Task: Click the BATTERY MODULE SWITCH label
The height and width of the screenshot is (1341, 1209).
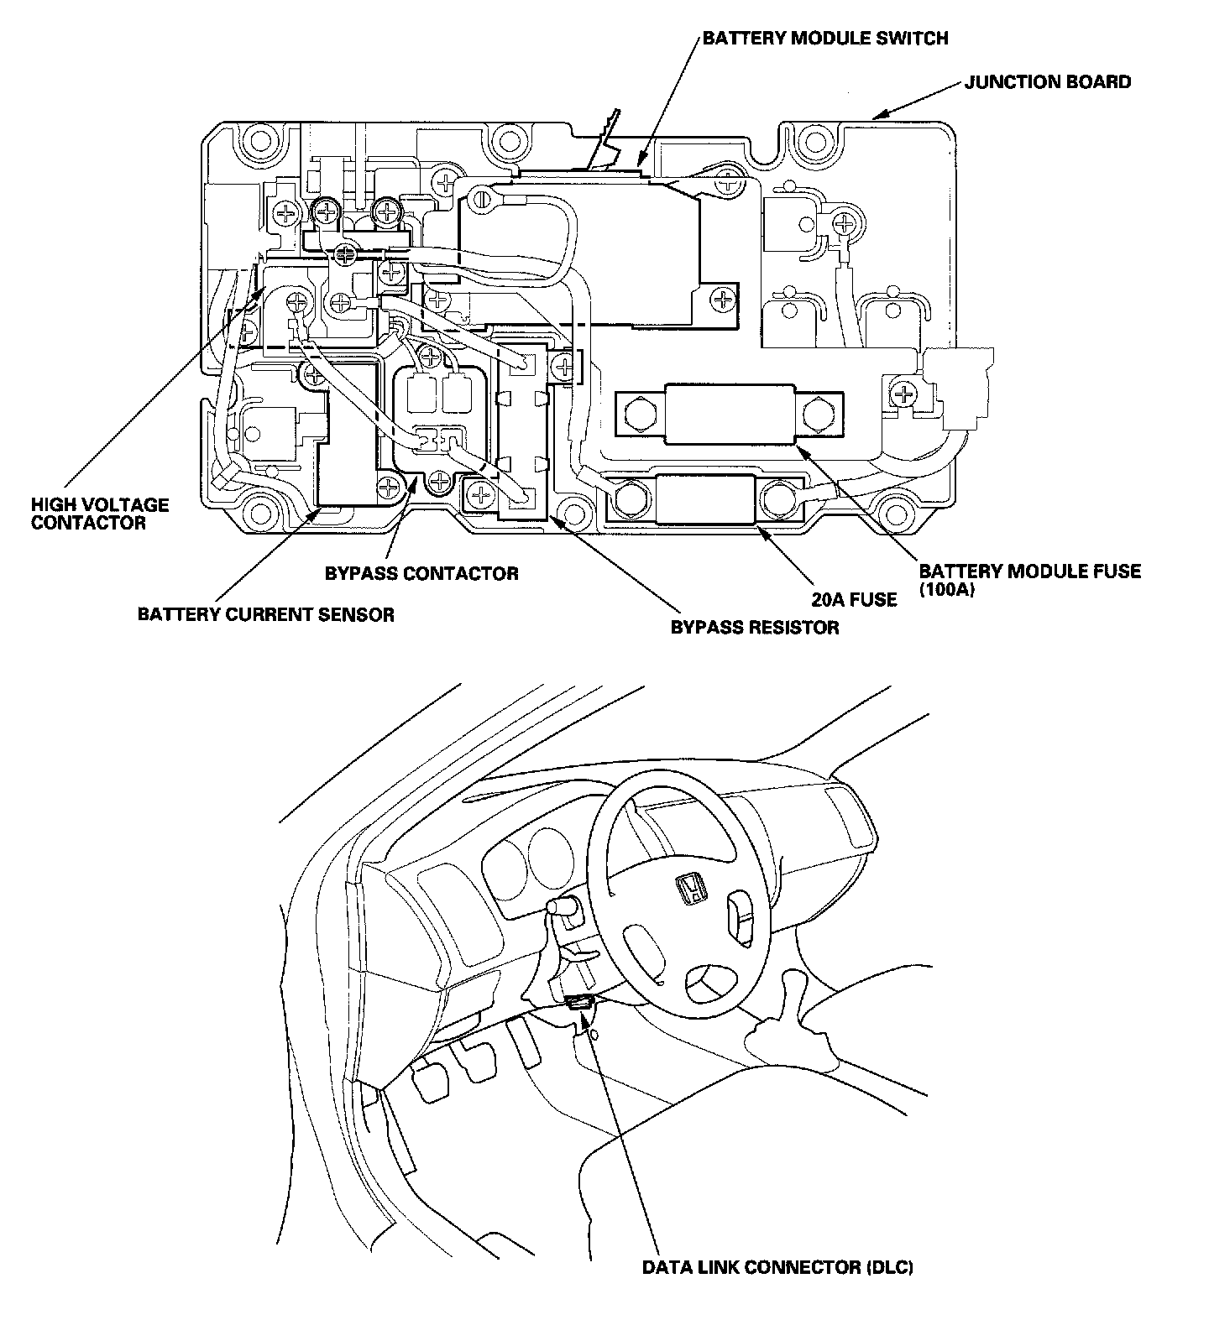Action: coord(825,39)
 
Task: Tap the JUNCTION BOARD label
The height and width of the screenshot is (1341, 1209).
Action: coord(1047,82)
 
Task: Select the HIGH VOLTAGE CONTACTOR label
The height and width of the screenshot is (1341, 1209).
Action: coord(100,514)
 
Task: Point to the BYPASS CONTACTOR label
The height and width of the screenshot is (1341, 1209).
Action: coord(421,574)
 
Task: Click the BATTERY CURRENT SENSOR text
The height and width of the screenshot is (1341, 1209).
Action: coord(265,615)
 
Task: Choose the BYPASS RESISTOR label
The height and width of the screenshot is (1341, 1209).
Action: coord(755,627)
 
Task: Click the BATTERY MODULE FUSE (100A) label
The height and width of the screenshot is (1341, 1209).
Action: coord(1030,580)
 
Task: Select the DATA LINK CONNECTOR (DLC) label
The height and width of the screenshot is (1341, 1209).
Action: coord(777,1267)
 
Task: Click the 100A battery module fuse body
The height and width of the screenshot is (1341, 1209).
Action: coord(729,413)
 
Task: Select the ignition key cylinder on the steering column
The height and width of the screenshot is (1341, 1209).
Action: coord(560,907)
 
